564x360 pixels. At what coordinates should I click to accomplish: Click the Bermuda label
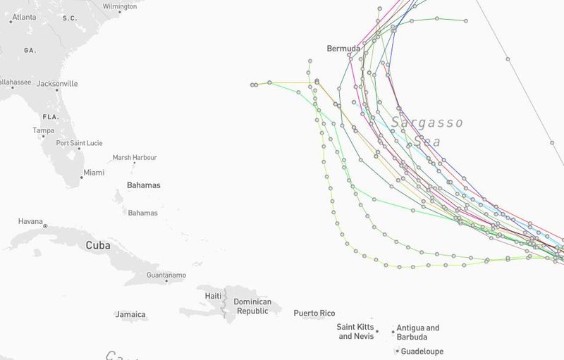343,49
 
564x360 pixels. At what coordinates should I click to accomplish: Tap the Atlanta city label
24,17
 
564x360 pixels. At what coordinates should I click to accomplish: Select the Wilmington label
120,6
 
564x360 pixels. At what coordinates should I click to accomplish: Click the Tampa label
43,130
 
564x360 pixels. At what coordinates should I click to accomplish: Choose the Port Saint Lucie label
80,143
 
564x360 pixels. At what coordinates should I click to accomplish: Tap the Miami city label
94,173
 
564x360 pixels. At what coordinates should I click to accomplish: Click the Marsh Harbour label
135,158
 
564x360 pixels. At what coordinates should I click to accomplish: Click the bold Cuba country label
98,246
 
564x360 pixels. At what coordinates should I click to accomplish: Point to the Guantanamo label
166,275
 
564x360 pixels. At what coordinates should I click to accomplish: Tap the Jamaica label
130,315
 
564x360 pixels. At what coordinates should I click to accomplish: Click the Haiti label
213,296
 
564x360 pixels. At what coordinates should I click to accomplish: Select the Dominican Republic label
252,306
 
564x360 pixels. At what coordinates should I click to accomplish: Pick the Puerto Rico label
314,314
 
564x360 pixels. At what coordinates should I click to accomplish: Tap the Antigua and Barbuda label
418,332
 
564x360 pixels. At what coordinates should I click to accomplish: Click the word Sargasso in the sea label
427,123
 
